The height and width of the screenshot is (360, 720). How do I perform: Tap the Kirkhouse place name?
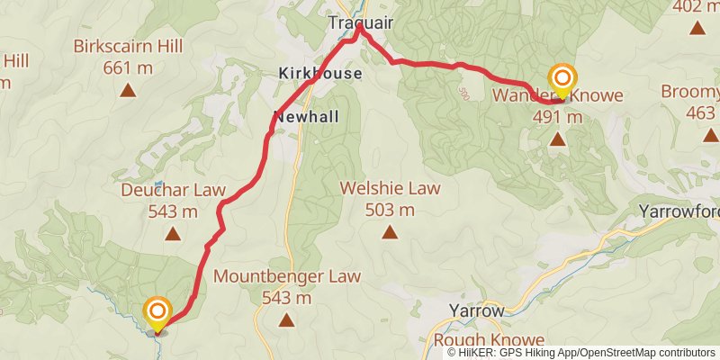[319, 74]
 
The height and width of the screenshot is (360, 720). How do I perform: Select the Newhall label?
[307, 117]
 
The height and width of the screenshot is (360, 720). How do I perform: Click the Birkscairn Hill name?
[128, 46]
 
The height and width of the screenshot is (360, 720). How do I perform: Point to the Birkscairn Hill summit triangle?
[128, 89]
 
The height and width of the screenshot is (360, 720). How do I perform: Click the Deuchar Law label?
[171, 191]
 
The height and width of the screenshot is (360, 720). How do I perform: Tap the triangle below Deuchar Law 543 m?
[171, 234]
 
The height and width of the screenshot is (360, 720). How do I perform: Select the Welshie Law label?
[390, 189]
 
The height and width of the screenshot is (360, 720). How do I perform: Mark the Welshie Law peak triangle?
[390, 232]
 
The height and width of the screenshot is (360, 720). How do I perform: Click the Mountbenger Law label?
[287, 276]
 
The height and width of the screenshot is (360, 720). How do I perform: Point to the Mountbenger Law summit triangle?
[287, 319]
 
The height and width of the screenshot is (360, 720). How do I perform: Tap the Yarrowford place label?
[679, 211]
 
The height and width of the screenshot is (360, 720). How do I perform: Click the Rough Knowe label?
[489, 340]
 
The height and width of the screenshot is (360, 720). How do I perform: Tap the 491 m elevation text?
[558, 116]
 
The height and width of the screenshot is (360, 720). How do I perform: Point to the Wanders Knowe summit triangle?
[558, 139]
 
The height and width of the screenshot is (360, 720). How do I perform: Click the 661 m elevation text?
[128, 67]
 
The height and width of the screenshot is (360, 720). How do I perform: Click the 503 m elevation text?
[390, 211]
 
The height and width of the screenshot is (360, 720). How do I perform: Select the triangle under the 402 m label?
[697, 28]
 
